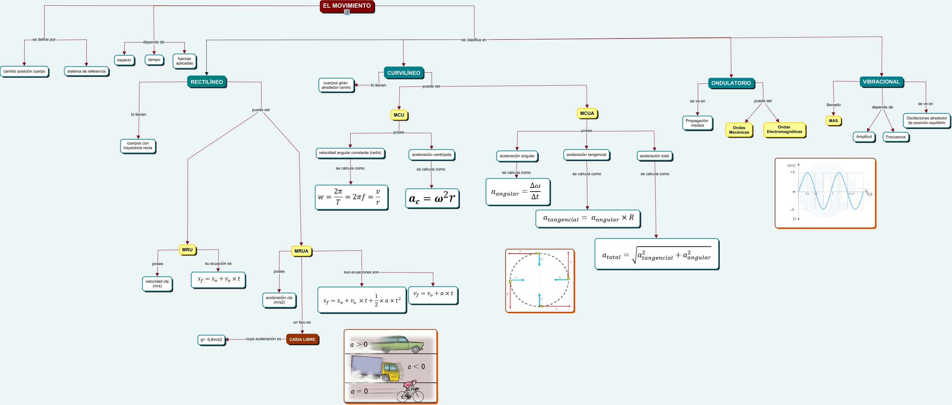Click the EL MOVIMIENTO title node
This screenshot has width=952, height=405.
[347, 6]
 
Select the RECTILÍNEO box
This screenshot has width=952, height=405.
[207, 82]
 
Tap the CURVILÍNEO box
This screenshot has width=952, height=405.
[404, 73]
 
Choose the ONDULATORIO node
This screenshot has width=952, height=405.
[731, 83]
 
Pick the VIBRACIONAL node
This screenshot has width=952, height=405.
[881, 82]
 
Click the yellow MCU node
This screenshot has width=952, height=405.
[399, 115]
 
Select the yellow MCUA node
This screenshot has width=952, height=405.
[587, 113]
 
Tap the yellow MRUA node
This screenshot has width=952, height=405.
[301, 251]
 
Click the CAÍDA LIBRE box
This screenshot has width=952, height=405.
[302, 339]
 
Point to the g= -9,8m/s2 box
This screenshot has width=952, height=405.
[211, 340]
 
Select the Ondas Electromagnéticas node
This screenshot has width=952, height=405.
[784, 129]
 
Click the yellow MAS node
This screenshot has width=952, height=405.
[833, 121]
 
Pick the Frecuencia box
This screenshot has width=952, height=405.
[896, 137]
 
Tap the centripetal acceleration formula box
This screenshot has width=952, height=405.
[432, 199]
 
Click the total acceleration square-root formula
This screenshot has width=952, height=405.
[656, 254]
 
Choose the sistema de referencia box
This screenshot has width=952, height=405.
[86, 71]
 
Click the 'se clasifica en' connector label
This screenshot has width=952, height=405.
[474, 40]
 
